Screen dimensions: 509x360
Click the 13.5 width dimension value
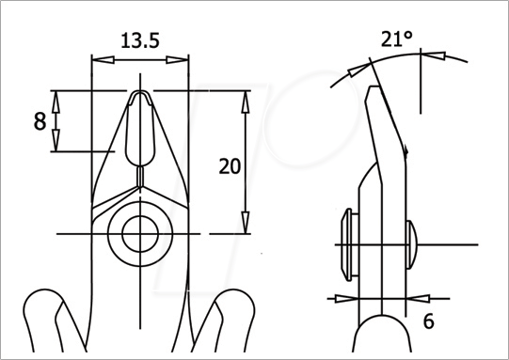(140, 40)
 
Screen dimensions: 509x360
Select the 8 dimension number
(40, 121)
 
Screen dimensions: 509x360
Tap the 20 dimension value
(230, 166)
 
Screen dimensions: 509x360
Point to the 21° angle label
(397, 39)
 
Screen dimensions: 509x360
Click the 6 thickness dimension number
(428, 321)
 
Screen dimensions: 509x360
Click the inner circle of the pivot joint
(140, 234)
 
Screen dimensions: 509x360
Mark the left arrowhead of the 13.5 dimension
(103, 59)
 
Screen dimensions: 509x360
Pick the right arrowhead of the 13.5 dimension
(177, 59)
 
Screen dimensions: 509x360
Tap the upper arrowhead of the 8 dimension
(56, 102)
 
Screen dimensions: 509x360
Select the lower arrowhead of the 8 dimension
(56, 140)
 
